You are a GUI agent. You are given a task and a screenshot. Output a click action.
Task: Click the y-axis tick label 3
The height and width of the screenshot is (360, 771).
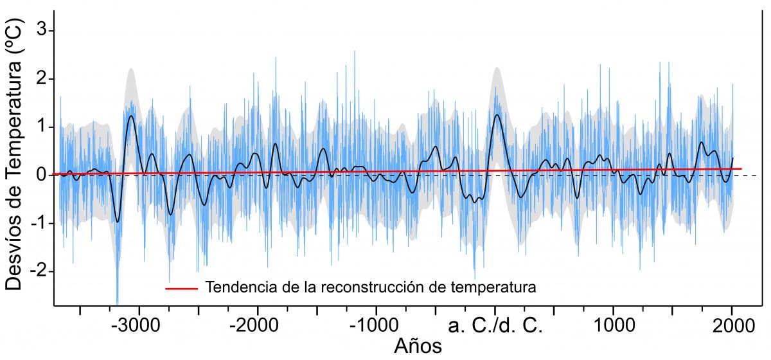point(42,31)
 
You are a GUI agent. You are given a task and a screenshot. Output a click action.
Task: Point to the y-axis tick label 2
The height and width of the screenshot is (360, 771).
point(42,79)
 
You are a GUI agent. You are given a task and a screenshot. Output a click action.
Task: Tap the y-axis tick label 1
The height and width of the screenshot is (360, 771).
point(42,127)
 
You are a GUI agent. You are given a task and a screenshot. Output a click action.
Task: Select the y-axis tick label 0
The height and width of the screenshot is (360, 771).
point(42,175)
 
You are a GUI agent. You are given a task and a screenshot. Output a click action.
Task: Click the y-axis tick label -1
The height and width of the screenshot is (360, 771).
point(38,223)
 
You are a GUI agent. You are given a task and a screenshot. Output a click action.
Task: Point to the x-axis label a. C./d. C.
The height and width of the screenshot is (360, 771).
point(495,324)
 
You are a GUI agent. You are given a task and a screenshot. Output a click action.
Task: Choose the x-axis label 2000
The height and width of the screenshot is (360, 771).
point(732,324)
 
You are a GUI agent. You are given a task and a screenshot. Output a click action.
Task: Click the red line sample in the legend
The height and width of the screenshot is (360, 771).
point(181,288)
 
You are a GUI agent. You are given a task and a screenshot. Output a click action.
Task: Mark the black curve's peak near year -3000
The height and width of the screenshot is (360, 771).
point(131,116)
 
